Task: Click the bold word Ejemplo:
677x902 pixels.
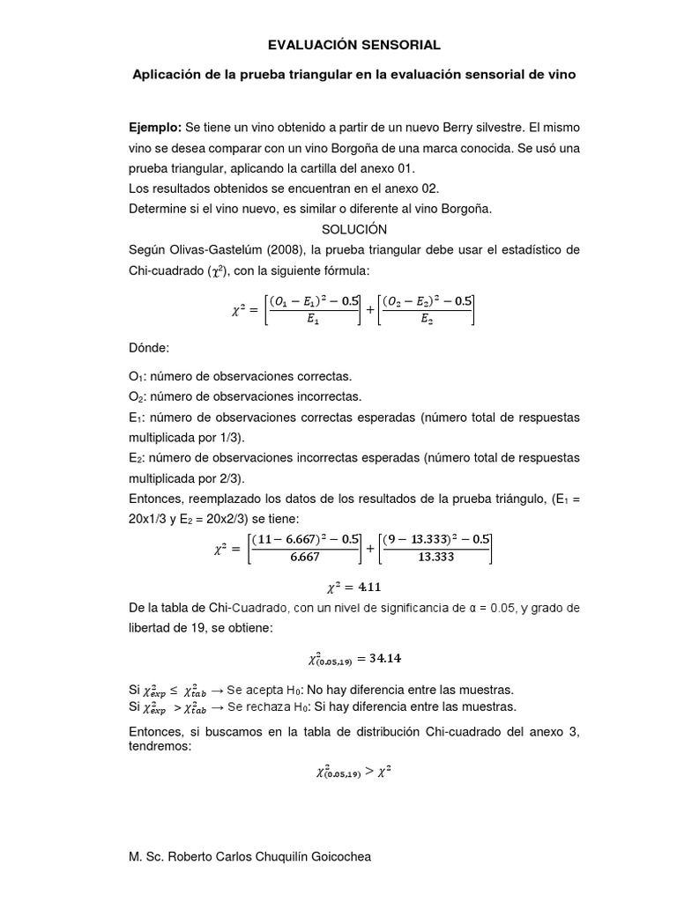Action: [x=155, y=129]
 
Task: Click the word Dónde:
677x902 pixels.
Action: [x=151, y=350]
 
